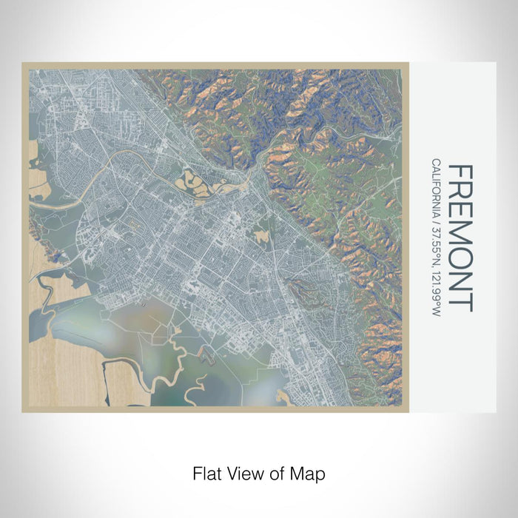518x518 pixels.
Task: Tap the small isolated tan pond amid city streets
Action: tap(261, 236)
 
